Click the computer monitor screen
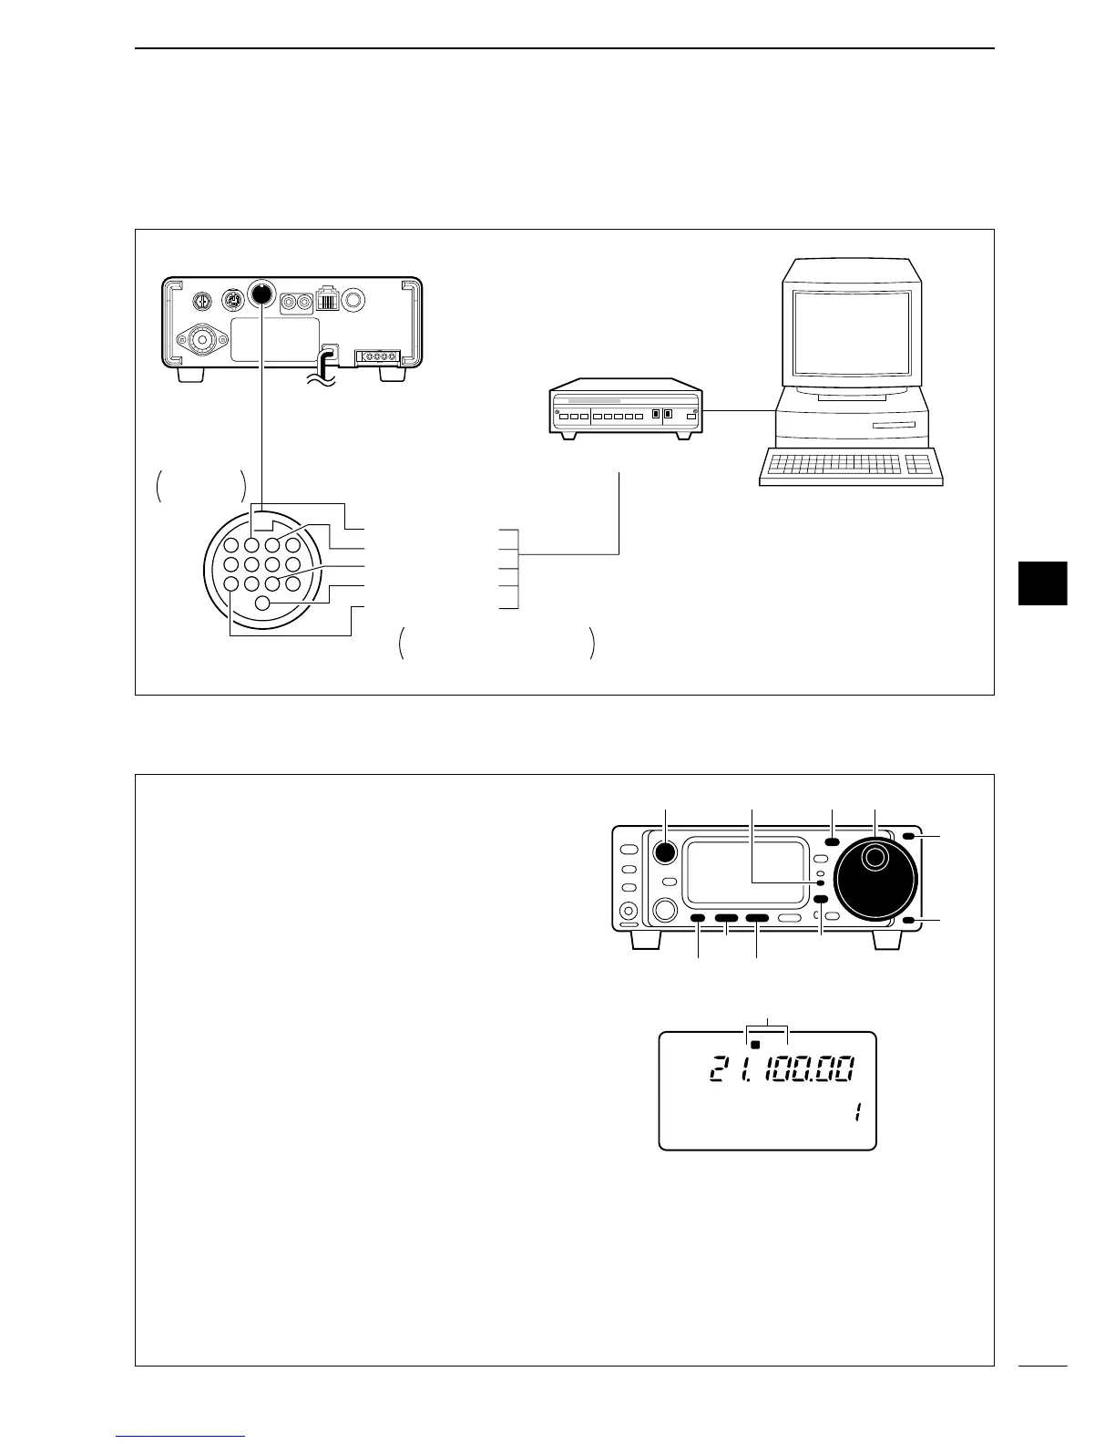[x=851, y=333]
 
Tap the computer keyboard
[x=850, y=466]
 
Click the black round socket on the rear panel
[x=261, y=294]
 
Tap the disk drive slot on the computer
[x=893, y=426]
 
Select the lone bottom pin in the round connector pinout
[x=262, y=603]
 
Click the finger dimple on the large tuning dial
[x=875, y=857]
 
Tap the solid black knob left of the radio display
[x=665, y=851]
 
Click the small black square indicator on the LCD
[x=755, y=1045]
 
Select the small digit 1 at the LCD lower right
[x=856, y=1113]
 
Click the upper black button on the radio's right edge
[x=910, y=837]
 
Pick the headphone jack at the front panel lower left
[x=628, y=911]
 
